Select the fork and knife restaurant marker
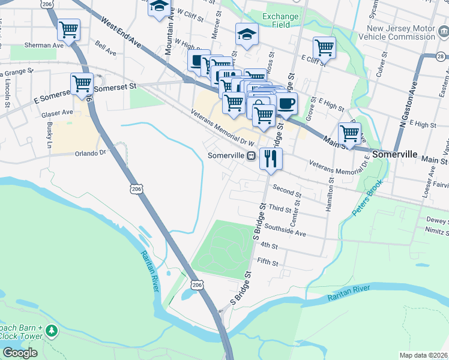pyautogui.click(x=270, y=158)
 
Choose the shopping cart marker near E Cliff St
pyautogui.click(x=324, y=47)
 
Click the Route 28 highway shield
pyautogui.click(x=442, y=56)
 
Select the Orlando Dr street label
pyautogui.click(x=90, y=152)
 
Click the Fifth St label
pyautogui.click(x=268, y=262)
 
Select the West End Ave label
pyautogui.click(x=121, y=34)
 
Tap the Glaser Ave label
pyautogui.click(x=57, y=113)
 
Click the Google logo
pyautogui.click(x=20, y=352)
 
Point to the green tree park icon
pyautogui.click(x=52, y=331)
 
